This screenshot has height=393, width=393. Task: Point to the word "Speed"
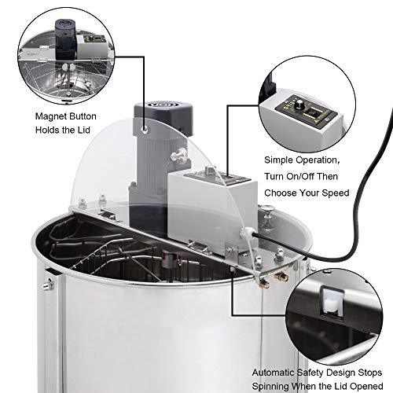pos(332,192)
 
